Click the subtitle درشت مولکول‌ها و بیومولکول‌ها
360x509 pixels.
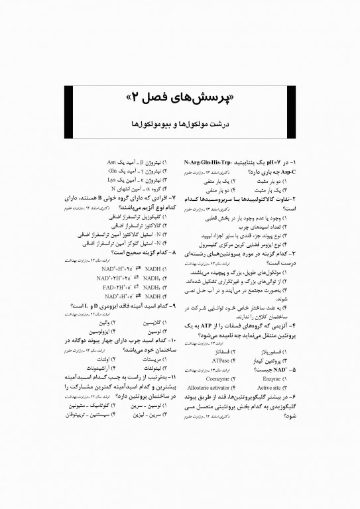click(x=180, y=123)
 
